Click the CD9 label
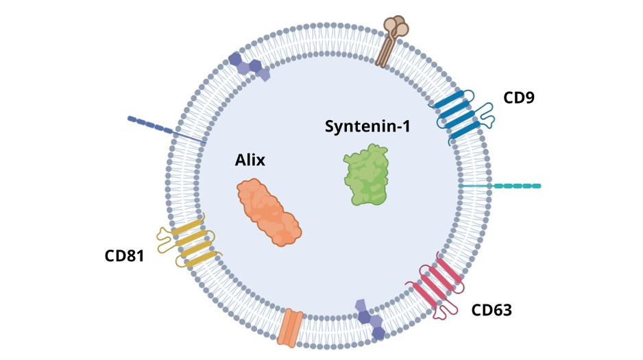pos(518,97)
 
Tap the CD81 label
pos(124,256)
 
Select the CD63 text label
pos(492,310)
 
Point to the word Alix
pos(250,160)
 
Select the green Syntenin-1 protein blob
pos(365,175)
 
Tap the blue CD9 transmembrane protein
pos(454,115)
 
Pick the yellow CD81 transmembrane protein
pos(191,241)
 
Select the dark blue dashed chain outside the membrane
pos(152,124)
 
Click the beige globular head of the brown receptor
pos(396,26)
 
